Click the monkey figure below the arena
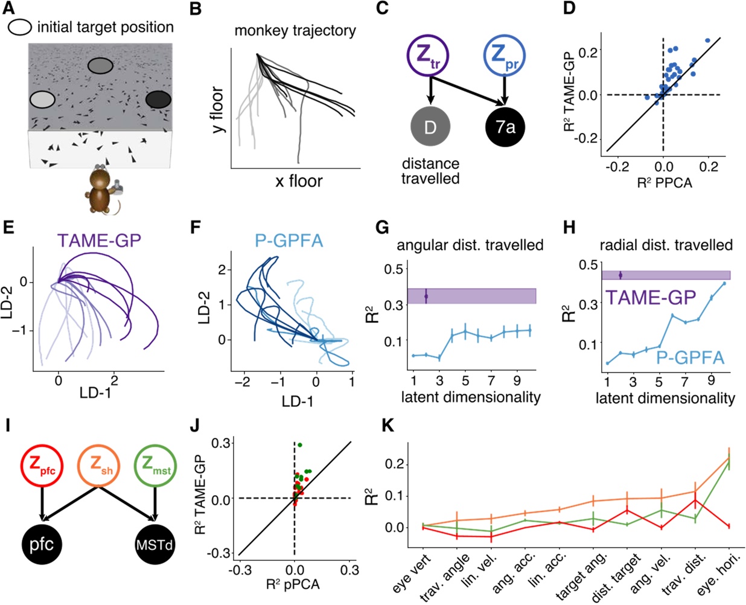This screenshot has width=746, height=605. pos(102,191)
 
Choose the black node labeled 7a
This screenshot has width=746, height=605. pos(505,127)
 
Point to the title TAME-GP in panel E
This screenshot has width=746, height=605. pos(100,241)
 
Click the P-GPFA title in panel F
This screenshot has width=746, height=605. pos(287,241)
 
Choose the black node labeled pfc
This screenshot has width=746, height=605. pos(42,545)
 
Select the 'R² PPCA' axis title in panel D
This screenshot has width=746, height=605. pos(665,182)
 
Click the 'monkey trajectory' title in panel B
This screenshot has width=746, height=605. pos(295,30)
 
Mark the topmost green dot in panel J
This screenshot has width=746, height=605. pos(300,445)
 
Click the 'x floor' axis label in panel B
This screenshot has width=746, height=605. pos(299,181)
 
